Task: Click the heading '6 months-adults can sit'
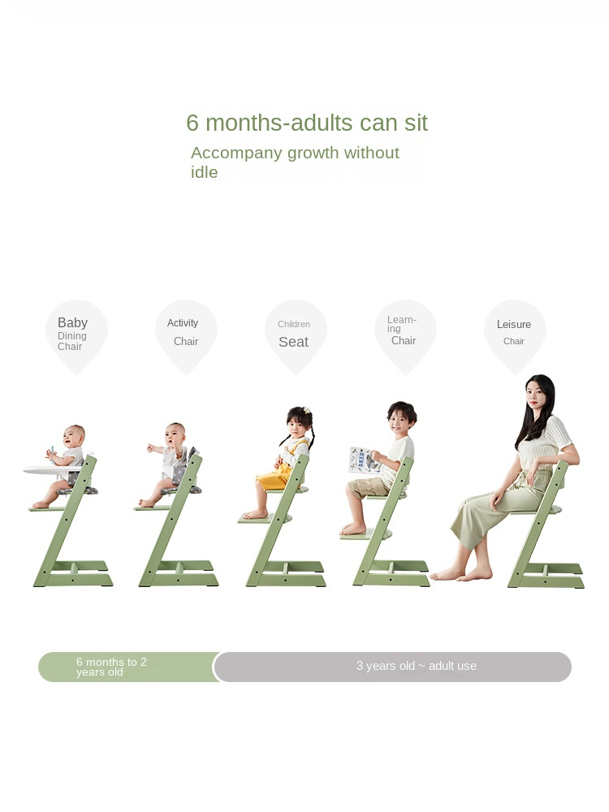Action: pyautogui.click(x=307, y=123)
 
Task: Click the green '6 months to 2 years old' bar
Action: pyautogui.click(x=127, y=667)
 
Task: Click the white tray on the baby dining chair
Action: pyautogui.click(x=52, y=470)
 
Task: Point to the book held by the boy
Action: pyautogui.click(x=365, y=460)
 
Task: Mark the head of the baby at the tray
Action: pyautogui.click(x=74, y=437)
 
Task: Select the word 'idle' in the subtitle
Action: pyautogui.click(x=204, y=172)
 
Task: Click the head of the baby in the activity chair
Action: pyautogui.click(x=175, y=435)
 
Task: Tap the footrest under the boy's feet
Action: pyautogui.click(x=365, y=534)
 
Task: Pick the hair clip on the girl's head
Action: pyautogui.click(x=307, y=411)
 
